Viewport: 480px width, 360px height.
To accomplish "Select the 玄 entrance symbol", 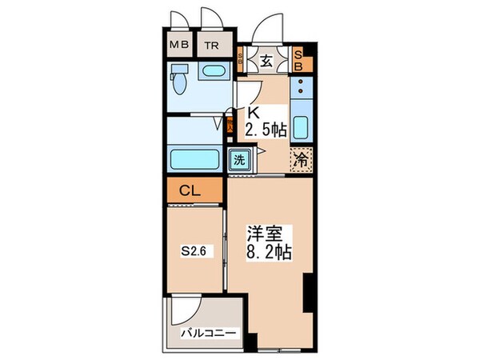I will [x=266, y=59].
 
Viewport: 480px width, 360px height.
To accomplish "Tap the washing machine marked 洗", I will [x=238, y=159].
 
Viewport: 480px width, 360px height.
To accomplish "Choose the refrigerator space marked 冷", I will [x=299, y=158].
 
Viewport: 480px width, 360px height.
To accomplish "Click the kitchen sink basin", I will [x=301, y=127].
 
